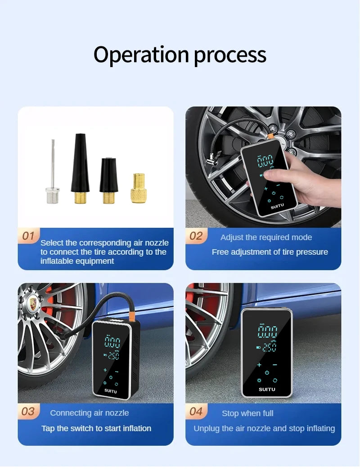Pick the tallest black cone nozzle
point(80,167)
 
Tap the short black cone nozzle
point(109,180)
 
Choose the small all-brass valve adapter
point(138,189)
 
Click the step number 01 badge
point(28,235)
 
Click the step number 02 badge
point(196,236)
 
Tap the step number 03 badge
point(28,411)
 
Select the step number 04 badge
point(196,411)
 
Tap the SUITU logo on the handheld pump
point(278,207)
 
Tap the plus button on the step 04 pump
point(259,364)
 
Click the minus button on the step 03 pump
point(117,371)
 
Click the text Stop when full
point(247,413)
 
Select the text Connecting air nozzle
point(90,413)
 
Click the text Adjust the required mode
point(266,237)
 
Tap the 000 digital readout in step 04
point(267,332)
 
